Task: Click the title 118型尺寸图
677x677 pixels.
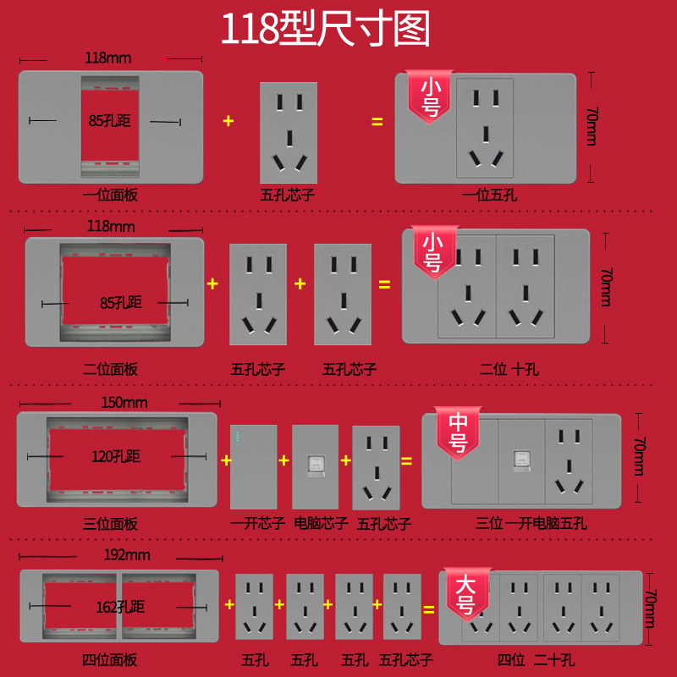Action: pyautogui.click(x=326, y=30)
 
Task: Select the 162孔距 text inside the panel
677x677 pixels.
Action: pyautogui.click(x=119, y=606)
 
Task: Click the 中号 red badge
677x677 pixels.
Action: pyautogui.click(x=458, y=432)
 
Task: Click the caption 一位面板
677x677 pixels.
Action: pyautogui.click(x=110, y=195)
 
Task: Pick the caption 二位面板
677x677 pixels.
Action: pyautogui.click(x=110, y=369)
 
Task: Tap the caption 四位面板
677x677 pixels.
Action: pyautogui.click(x=109, y=659)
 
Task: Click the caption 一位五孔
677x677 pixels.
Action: pyautogui.click(x=489, y=195)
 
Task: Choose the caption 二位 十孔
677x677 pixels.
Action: pyautogui.click(x=509, y=369)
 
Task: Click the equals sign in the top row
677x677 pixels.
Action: pyautogui.click(x=377, y=122)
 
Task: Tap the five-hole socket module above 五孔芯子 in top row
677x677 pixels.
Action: pyautogui.click(x=289, y=131)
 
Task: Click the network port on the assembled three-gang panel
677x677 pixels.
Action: pyautogui.click(x=520, y=461)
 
